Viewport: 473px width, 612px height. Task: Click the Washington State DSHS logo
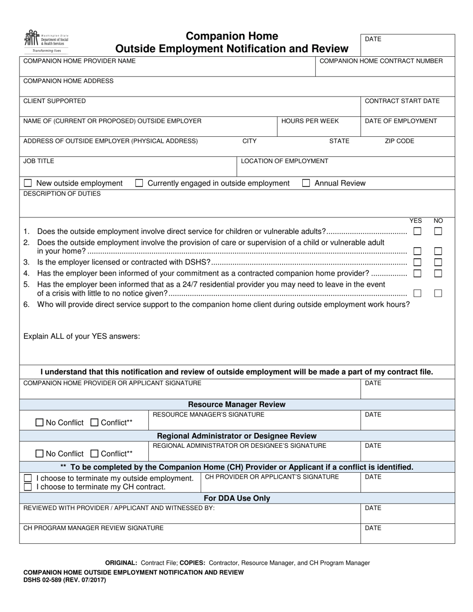point(46,42)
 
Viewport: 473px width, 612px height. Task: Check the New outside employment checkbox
point(28,183)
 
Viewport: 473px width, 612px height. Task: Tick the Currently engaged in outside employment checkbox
point(139,183)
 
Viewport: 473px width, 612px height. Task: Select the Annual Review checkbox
point(306,183)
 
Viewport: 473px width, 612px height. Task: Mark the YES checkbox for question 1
point(417,231)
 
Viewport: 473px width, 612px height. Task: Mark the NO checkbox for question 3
point(438,262)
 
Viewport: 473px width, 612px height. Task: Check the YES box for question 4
point(417,273)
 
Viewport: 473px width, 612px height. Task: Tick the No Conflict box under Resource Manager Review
point(40,423)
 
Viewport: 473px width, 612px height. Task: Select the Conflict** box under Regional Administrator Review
point(95,454)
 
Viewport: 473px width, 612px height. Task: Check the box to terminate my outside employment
point(28,478)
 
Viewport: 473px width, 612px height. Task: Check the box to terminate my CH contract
point(28,487)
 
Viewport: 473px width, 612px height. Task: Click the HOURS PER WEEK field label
point(310,121)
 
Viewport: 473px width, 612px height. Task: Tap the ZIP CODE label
point(399,141)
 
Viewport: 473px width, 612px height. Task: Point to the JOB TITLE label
point(39,161)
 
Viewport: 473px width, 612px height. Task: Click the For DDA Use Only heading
point(237,498)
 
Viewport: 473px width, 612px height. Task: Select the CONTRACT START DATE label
point(402,101)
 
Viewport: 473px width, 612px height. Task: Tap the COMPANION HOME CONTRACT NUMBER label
point(381,61)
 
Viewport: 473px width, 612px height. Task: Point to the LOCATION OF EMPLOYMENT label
point(284,161)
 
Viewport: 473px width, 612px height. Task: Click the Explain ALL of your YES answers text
point(82,336)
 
